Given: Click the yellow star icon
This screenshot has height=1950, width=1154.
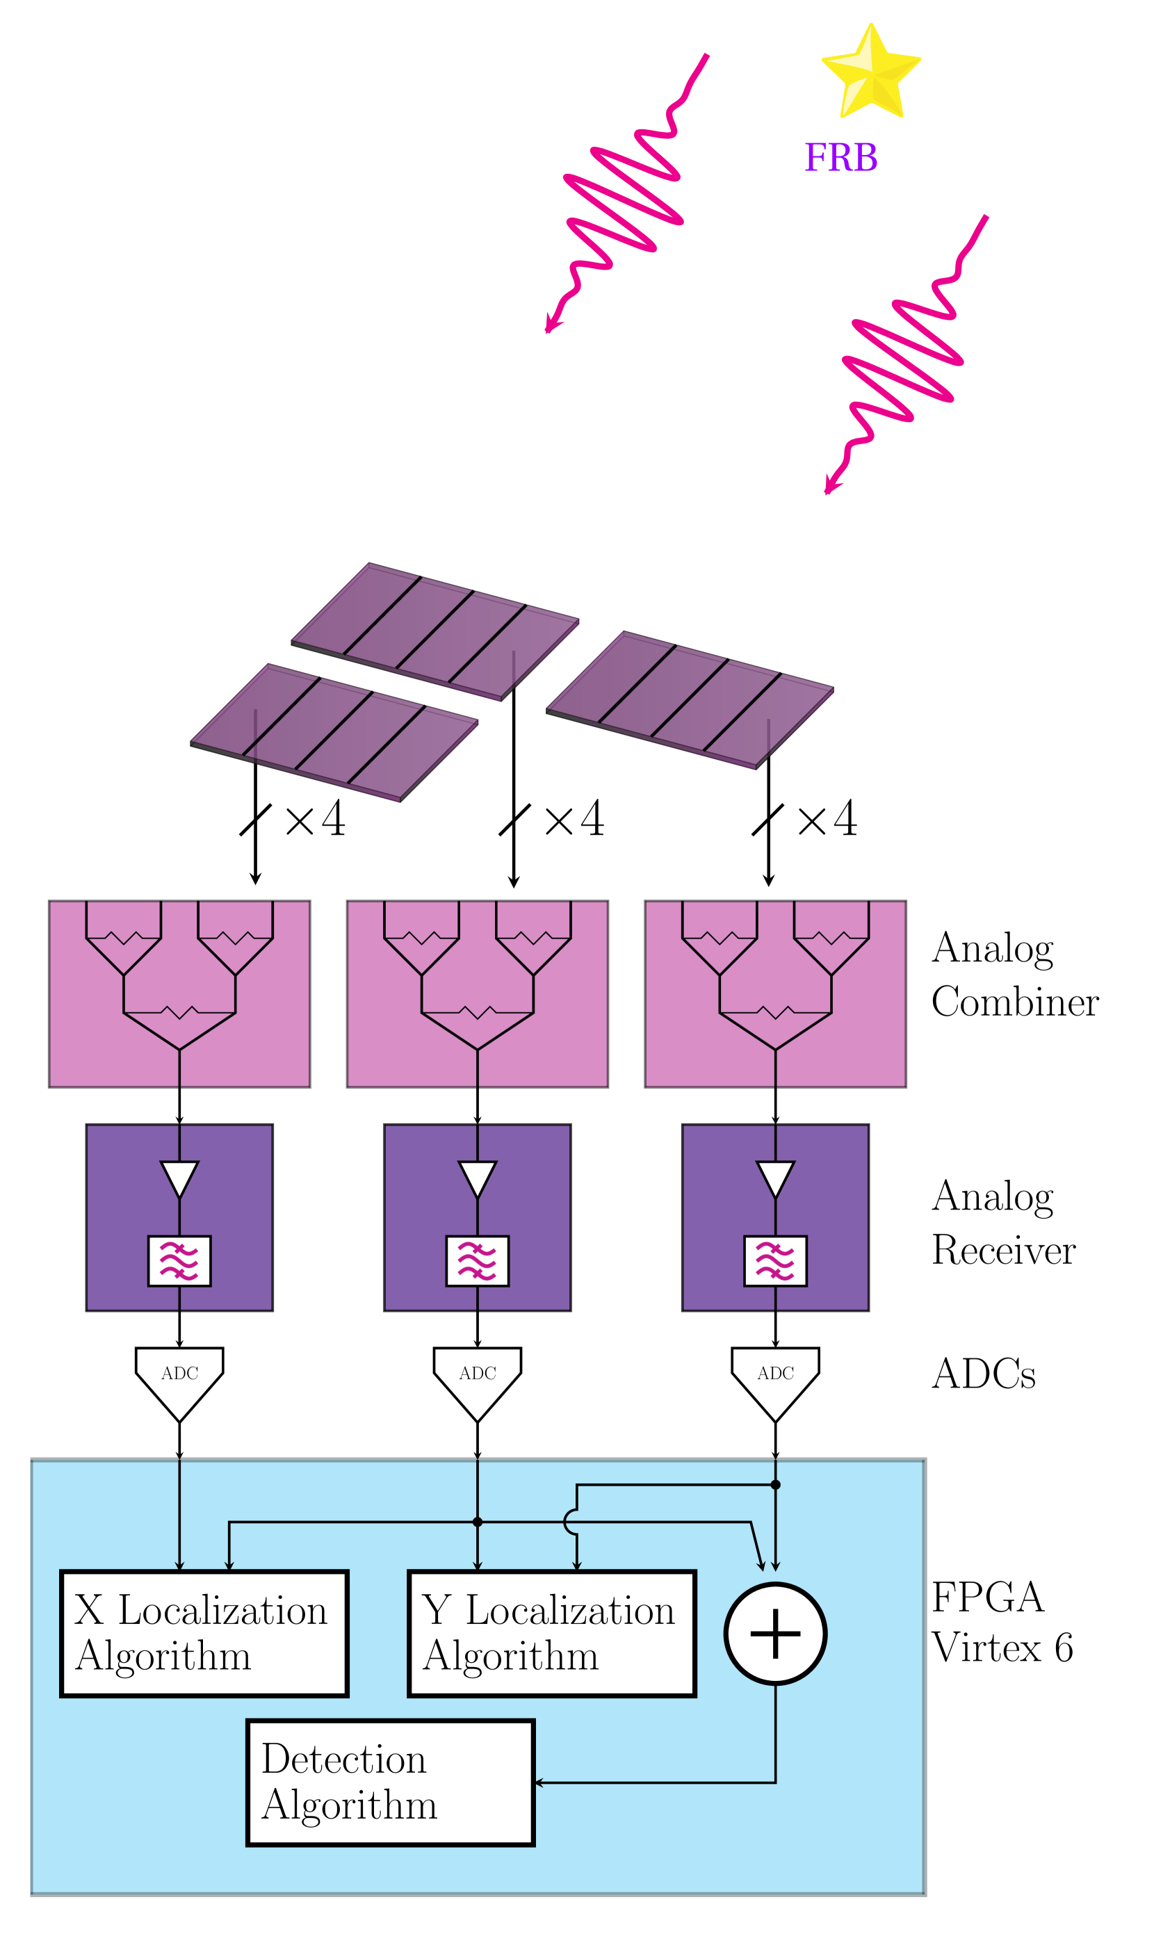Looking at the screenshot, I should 871,72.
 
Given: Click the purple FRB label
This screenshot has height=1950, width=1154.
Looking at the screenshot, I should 840,158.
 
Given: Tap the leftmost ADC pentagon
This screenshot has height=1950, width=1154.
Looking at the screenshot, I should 179,1380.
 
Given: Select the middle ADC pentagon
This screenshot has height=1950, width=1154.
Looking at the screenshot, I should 478,1380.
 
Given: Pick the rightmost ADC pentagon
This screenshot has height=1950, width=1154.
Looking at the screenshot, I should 775,1380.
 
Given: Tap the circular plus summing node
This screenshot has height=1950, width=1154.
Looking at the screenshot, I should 775,1634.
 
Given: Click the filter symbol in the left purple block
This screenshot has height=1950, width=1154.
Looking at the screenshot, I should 179,1260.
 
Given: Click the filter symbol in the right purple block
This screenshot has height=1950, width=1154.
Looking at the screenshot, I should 775,1260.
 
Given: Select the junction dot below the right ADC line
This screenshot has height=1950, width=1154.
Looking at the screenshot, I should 775,1484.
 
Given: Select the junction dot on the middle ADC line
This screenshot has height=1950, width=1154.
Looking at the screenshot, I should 478,1522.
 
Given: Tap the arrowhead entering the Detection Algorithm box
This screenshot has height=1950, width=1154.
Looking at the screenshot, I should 539,1783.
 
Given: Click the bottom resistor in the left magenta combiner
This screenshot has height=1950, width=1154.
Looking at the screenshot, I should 179,1012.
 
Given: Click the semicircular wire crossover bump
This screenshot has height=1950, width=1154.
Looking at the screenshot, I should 570,1522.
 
